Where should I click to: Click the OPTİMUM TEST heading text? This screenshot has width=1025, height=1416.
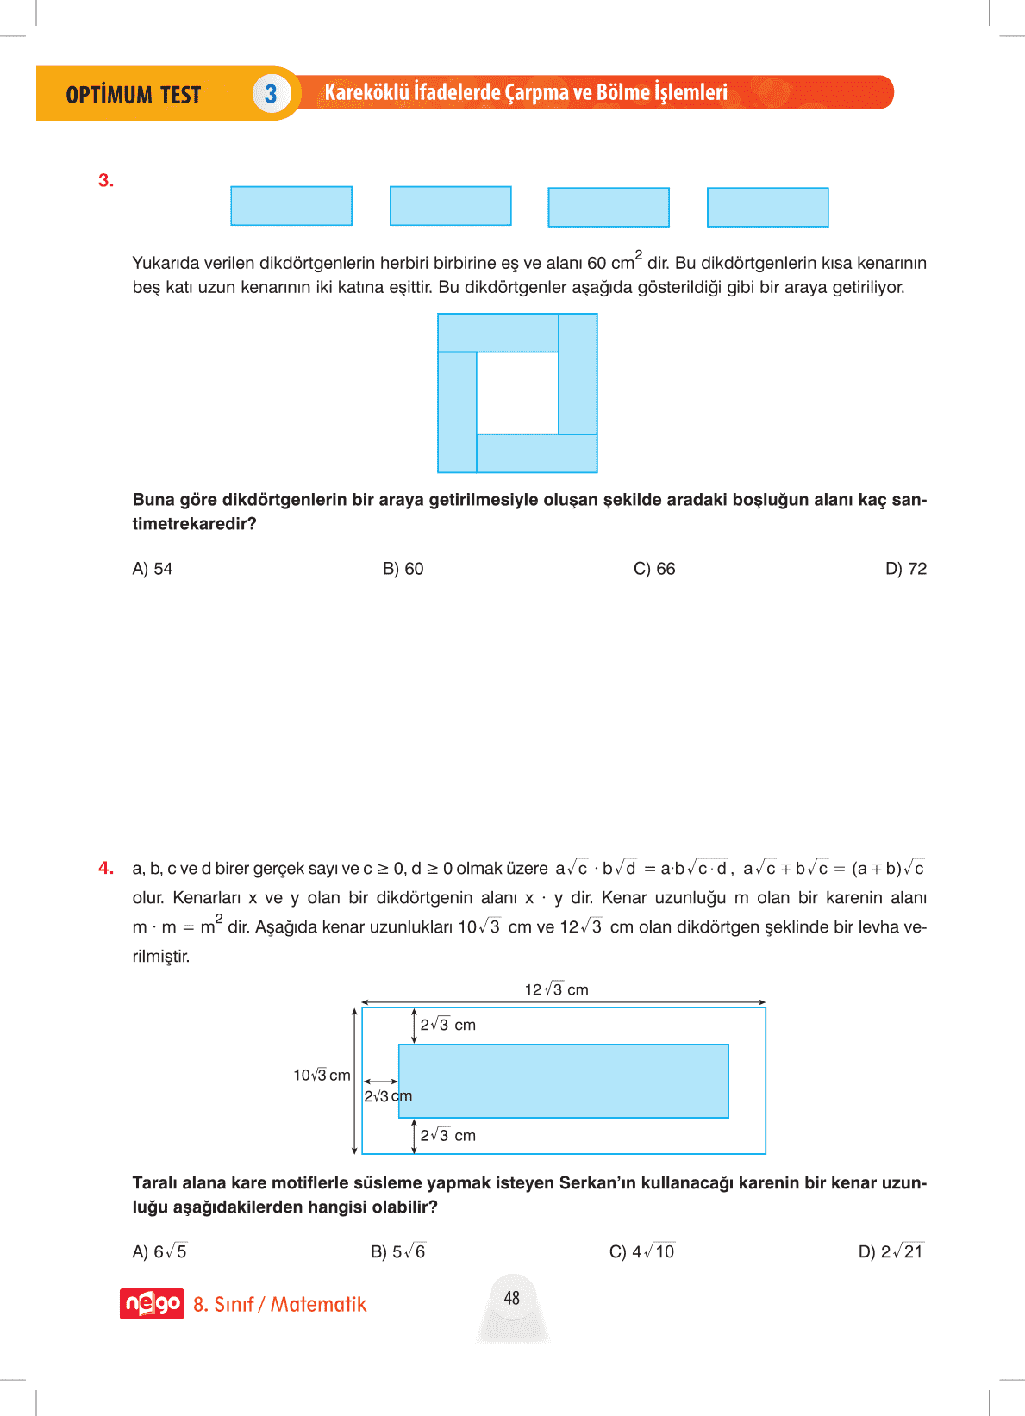tap(133, 95)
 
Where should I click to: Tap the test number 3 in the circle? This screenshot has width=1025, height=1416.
tap(271, 94)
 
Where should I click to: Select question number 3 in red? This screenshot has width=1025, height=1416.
tap(106, 180)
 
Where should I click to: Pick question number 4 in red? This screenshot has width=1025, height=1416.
tap(106, 868)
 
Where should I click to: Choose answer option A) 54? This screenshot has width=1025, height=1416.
tap(153, 569)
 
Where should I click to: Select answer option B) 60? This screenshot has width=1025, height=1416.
tap(403, 569)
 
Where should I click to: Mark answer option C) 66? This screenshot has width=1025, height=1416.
tap(654, 569)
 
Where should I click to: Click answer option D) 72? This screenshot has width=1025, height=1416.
tap(905, 569)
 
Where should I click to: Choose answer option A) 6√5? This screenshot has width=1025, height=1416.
tap(159, 1251)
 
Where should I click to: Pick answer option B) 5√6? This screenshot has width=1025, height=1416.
tap(398, 1251)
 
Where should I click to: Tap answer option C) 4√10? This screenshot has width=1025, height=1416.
tap(641, 1251)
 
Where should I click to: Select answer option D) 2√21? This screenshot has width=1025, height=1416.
tap(891, 1251)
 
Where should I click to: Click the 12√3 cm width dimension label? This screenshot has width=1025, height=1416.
tap(556, 989)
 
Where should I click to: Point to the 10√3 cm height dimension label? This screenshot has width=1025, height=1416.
tap(322, 1075)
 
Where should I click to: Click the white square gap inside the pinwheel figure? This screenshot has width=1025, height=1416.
tap(517, 393)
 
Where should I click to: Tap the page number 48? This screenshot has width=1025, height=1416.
tap(512, 1298)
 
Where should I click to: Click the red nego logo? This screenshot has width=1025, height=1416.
tap(152, 1304)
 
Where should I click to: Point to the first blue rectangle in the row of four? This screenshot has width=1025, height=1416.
tap(291, 206)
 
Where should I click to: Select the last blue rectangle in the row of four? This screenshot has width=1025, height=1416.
tap(767, 208)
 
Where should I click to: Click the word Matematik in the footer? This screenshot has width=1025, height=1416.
tap(319, 1304)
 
